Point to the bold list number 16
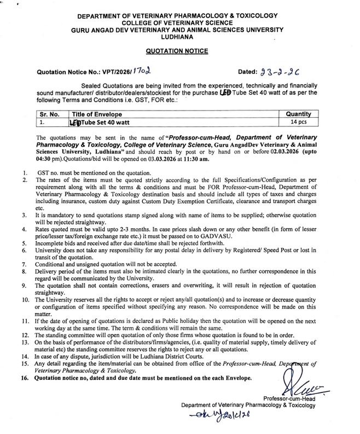24,378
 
